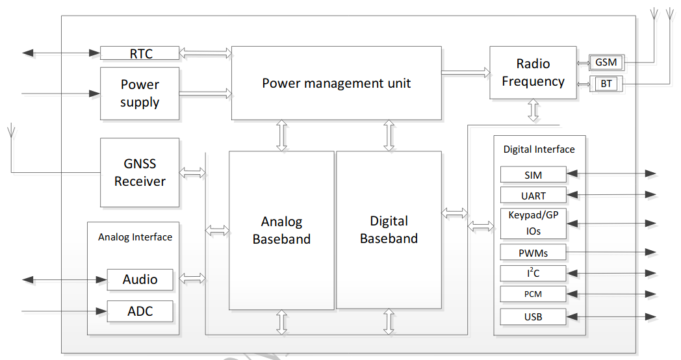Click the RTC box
[x=140, y=53]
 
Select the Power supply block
[x=140, y=94]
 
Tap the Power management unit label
[x=336, y=83]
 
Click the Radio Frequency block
[x=533, y=73]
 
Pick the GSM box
[x=606, y=62]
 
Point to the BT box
[x=606, y=84]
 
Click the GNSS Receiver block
[x=140, y=173]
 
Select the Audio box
[x=140, y=279]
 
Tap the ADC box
[x=140, y=311]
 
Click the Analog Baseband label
[x=281, y=231]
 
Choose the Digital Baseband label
[x=389, y=230]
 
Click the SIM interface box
[x=533, y=175]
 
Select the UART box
[x=533, y=196]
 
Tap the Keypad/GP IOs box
[x=533, y=223]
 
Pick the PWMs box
[x=533, y=252]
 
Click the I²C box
[x=533, y=273]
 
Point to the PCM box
[x=533, y=294]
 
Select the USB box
[x=533, y=317]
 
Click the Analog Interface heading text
[x=135, y=237]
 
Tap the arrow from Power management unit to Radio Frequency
[x=465, y=73]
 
